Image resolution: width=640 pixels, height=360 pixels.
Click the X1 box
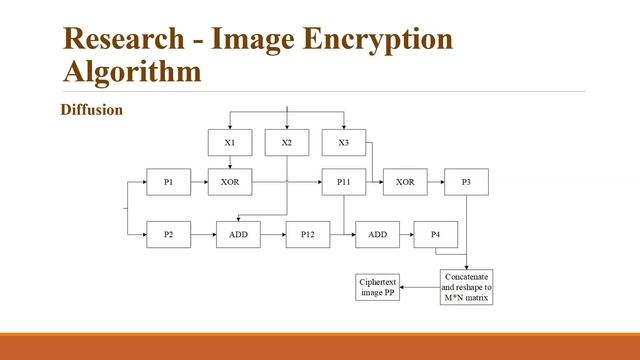click(230, 143)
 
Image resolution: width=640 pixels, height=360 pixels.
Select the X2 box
click(287, 143)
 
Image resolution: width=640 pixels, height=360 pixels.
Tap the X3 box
click(344, 143)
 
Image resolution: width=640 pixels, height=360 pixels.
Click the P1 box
click(168, 182)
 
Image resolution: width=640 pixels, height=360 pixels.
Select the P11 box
click(344, 182)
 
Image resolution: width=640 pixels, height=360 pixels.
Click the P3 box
click(466, 182)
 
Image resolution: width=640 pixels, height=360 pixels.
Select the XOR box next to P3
click(405, 182)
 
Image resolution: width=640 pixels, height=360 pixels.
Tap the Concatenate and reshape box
click(466, 287)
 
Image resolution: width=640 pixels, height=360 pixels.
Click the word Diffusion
click(92, 110)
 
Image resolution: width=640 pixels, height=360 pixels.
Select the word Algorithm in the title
click(130, 73)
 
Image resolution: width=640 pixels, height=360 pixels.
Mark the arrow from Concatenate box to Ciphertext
click(420, 288)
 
